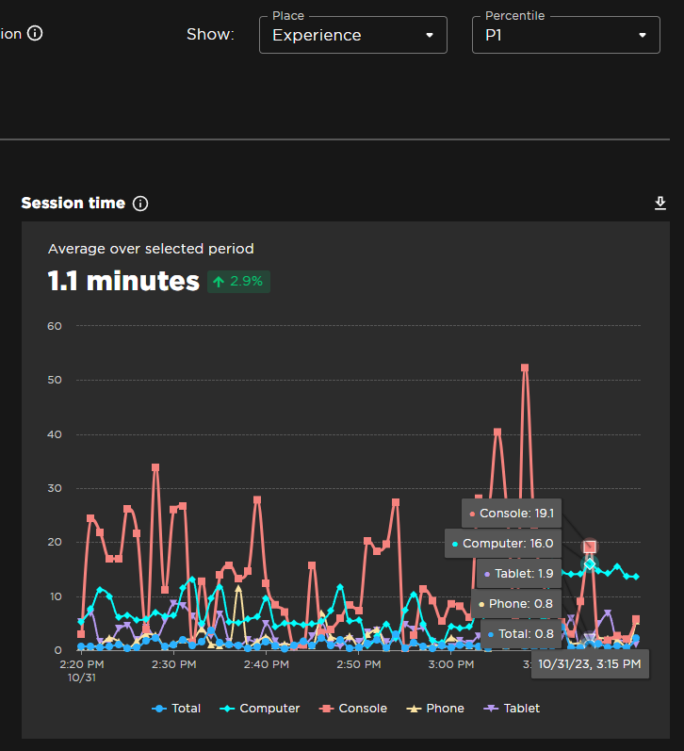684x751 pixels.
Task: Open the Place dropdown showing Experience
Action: click(x=352, y=35)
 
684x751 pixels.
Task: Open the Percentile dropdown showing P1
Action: click(x=564, y=35)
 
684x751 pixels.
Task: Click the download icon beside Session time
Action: click(x=660, y=204)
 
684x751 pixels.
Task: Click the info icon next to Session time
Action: click(x=140, y=204)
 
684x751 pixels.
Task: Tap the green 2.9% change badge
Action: click(x=239, y=282)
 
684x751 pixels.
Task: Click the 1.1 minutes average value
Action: click(x=123, y=281)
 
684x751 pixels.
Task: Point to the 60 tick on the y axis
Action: click(x=55, y=326)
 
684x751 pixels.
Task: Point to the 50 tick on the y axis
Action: click(x=55, y=380)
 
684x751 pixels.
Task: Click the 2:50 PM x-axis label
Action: click(x=359, y=664)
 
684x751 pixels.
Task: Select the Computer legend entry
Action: click(x=260, y=708)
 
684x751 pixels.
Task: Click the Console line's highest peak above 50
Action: click(x=525, y=368)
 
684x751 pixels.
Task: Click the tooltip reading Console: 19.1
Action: click(x=512, y=514)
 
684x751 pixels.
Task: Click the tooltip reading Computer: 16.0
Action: click(x=503, y=544)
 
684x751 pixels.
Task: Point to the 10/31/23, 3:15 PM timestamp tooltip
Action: click(x=590, y=664)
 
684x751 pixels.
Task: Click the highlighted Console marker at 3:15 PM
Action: click(x=590, y=547)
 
